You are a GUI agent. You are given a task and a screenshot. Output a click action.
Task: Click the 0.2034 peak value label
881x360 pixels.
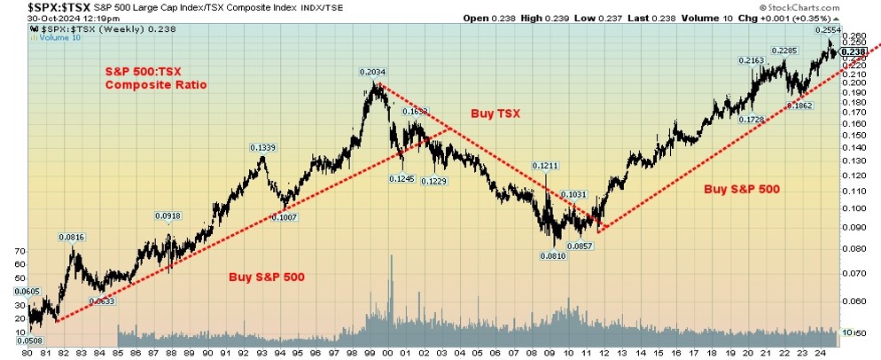pyautogui.click(x=372, y=72)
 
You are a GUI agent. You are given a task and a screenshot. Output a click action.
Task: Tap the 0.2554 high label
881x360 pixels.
pyautogui.click(x=828, y=30)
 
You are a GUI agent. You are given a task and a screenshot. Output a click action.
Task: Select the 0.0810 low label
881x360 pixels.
pyautogui.click(x=552, y=256)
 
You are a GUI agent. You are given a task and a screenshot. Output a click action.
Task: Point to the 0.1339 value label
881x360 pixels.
pyautogui.click(x=262, y=147)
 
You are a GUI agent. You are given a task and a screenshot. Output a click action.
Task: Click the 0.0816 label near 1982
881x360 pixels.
pyautogui.click(x=72, y=237)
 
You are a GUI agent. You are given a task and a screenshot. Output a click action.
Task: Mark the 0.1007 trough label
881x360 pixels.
pyautogui.click(x=285, y=218)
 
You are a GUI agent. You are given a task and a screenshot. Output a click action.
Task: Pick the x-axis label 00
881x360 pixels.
pyautogui.click(x=388, y=352)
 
